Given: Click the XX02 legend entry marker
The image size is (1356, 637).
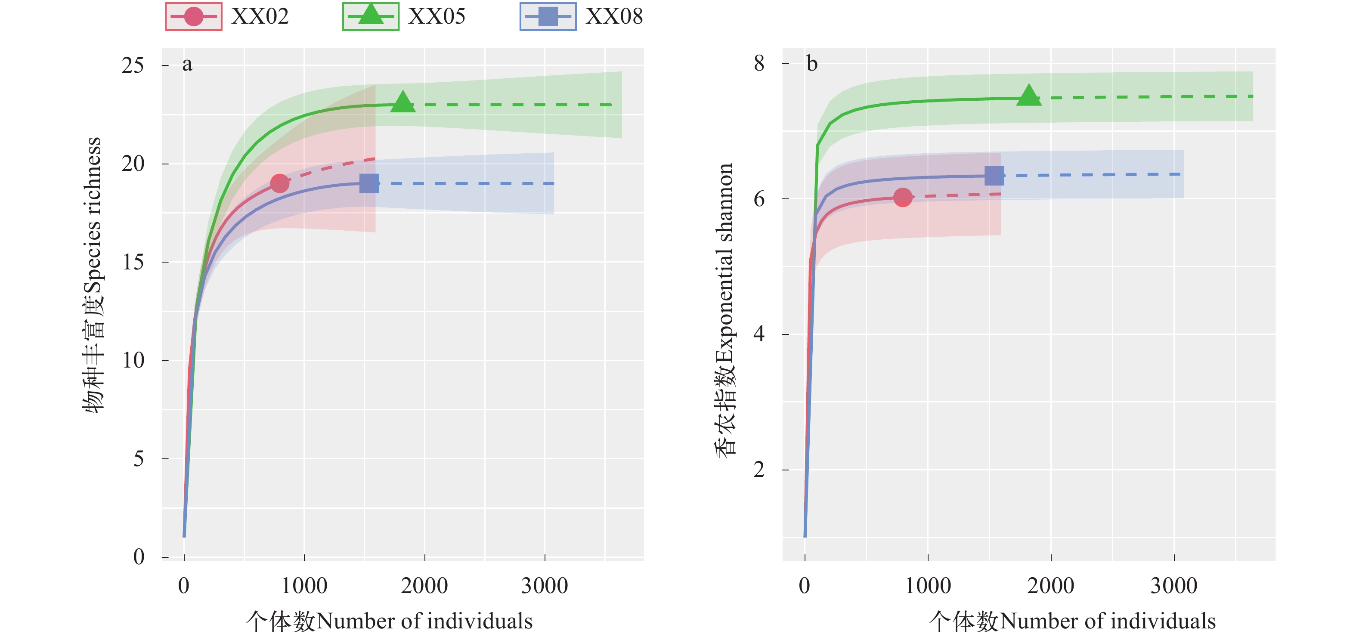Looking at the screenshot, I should click(193, 17).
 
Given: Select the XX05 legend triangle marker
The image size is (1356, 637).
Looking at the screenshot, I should click(371, 15).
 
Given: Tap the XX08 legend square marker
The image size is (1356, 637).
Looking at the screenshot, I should click(548, 17).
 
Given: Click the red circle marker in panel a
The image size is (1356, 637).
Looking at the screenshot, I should click(279, 183).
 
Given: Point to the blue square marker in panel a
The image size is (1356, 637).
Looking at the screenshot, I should click(369, 183).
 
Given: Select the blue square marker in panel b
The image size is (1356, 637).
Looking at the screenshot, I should click(994, 176).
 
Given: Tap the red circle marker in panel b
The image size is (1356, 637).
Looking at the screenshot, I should click(903, 198).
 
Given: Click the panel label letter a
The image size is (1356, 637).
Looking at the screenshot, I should click(187, 64).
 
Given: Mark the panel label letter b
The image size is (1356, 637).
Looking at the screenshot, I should click(812, 64).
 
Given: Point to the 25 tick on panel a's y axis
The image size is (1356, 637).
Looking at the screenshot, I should click(133, 65).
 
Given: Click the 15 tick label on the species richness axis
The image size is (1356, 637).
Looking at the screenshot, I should click(133, 262).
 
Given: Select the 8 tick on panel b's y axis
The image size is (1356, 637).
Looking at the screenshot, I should click(758, 64).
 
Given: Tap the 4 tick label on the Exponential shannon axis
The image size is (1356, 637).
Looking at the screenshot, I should click(758, 334).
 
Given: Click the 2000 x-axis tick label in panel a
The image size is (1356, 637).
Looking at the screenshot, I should click(424, 586).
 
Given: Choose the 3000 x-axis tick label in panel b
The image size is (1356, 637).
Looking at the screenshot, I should click(1174, 586).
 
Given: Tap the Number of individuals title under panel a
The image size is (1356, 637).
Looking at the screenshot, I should click(389, 621).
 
